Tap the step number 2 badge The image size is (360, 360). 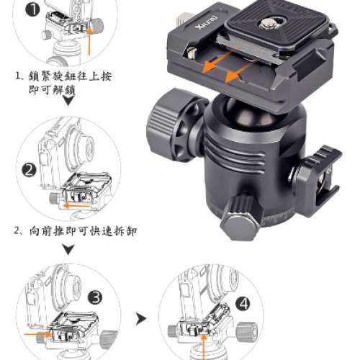[x=29, y=170]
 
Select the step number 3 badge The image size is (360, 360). [x=96, y=296]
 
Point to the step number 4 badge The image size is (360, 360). [x=243, y=304]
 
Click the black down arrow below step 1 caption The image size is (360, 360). [x=67, y=102]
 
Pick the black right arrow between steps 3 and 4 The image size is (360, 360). [x=142, y=317]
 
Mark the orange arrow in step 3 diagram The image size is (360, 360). [x=36, y=335]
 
